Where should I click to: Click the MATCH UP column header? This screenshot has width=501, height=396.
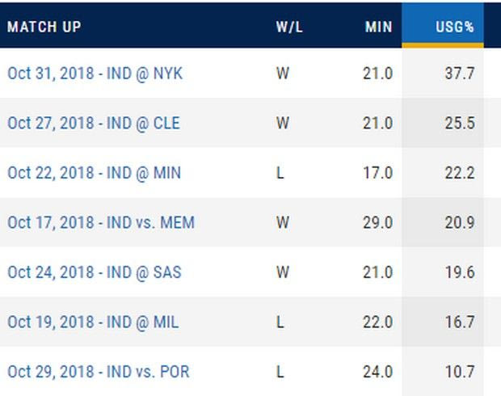tap(44, 27)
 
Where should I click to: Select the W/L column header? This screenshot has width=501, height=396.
tap(288, 27)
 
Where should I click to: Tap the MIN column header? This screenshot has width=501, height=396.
tap(377, 27)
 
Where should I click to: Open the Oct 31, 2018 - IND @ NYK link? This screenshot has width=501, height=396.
tap(95, 74)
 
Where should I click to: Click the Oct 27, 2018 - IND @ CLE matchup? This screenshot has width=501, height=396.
tap(94, 124)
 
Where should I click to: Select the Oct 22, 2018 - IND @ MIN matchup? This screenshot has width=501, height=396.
tap(94, 173)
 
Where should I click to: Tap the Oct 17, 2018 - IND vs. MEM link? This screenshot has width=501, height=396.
tap(101, 222)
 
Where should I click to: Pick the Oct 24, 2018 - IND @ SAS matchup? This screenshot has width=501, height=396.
tap(94, 272)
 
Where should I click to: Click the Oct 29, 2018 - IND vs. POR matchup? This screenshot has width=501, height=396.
tap(99, 372)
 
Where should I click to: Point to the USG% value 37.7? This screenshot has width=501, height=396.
tap(459, 74)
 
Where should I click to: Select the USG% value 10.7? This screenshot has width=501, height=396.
tap(459, 372)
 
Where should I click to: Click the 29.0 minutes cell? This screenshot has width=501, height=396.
tap(377, 222)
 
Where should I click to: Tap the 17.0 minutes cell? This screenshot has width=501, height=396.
tap(377, 173)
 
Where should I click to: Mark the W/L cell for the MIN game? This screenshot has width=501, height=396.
tap(280, 173)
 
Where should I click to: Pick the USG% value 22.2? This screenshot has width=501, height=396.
tap(459, 173)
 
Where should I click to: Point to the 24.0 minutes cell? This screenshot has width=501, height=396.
tap(377, 372)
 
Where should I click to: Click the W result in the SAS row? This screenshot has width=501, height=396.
tap(282, 272)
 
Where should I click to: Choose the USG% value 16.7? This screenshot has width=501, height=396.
tap(459, 322)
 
